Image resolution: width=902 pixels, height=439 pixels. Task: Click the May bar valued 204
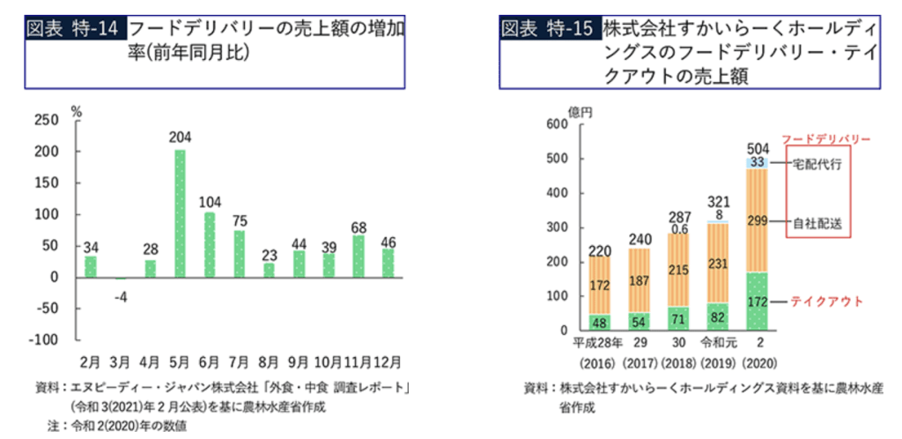(x=180, y=213)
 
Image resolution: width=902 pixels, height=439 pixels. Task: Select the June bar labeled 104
(x=210, y=244)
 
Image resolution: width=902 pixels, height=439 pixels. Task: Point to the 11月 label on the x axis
(x=359, y=361)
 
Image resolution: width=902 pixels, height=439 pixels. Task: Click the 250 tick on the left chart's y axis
(x=47, y=120)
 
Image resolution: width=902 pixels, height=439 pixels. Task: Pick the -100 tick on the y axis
(x=43, y=340)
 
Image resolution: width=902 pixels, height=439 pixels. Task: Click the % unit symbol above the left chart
(x=77, y=111)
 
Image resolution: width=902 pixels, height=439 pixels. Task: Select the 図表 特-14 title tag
(x=74, y=28)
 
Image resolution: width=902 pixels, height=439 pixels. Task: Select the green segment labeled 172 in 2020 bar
(x=757, y=301)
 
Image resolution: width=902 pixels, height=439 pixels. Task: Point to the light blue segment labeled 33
(x=757, y=162)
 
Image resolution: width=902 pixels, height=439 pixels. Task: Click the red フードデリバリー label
(x=826, y=139)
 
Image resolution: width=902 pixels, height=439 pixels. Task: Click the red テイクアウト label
(x=827, y=301)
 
